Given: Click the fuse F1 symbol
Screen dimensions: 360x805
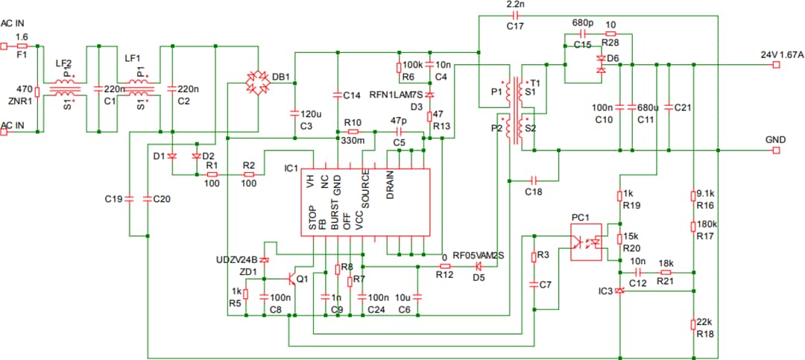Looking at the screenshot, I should coord(21,45).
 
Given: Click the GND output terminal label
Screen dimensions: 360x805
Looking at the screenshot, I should coord(775,139).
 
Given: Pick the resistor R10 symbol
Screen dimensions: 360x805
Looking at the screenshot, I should coord(353,131).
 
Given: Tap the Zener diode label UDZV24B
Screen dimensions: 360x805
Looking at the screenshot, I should coord(237,259).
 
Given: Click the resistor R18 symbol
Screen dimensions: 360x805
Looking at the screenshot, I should coord(694,323).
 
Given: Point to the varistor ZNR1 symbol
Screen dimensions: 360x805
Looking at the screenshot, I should coord(37,92).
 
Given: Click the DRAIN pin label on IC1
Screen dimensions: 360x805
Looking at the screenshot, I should coord(390,185).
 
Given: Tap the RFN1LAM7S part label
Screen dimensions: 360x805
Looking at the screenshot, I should coord(396,95).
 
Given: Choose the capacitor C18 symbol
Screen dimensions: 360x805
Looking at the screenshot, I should coord(532,180).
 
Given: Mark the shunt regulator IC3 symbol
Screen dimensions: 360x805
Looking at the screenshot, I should coord(619,291).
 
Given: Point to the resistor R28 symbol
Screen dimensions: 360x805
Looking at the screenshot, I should coord(611,34).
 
